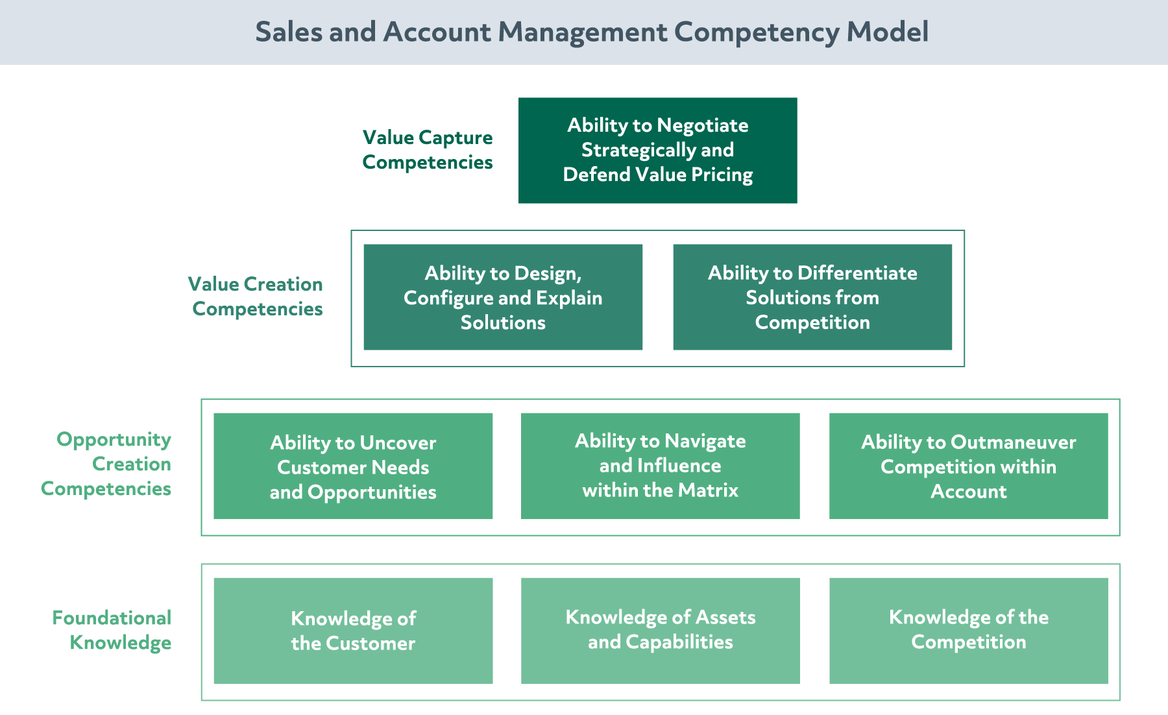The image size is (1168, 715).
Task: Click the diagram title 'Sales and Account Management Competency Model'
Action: coord(592,32)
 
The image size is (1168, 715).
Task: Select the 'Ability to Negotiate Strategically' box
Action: coord(657,151)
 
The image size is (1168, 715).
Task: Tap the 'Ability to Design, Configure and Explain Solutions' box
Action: coord(503,297)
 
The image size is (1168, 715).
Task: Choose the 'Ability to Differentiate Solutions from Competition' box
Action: coord(812,297)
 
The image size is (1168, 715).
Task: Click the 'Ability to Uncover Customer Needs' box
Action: coord(353,466)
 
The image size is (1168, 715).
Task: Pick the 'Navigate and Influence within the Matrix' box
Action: coord(660,466)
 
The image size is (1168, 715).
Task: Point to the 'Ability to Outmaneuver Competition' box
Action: coord(968,466)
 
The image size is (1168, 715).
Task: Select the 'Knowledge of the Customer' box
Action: coord(353,631)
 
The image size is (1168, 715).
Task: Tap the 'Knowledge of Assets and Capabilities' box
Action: coord(660,631)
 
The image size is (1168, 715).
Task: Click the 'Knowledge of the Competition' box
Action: coord(968,631)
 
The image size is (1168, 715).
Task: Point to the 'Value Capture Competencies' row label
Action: coord(428,150)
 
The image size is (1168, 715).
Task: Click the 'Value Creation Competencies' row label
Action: coord(256,297)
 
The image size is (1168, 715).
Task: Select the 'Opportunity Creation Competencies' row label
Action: coord(106,464)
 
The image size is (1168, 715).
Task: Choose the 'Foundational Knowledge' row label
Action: coord(112,630)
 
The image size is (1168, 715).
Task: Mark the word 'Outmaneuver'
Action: coord(1013,442)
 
